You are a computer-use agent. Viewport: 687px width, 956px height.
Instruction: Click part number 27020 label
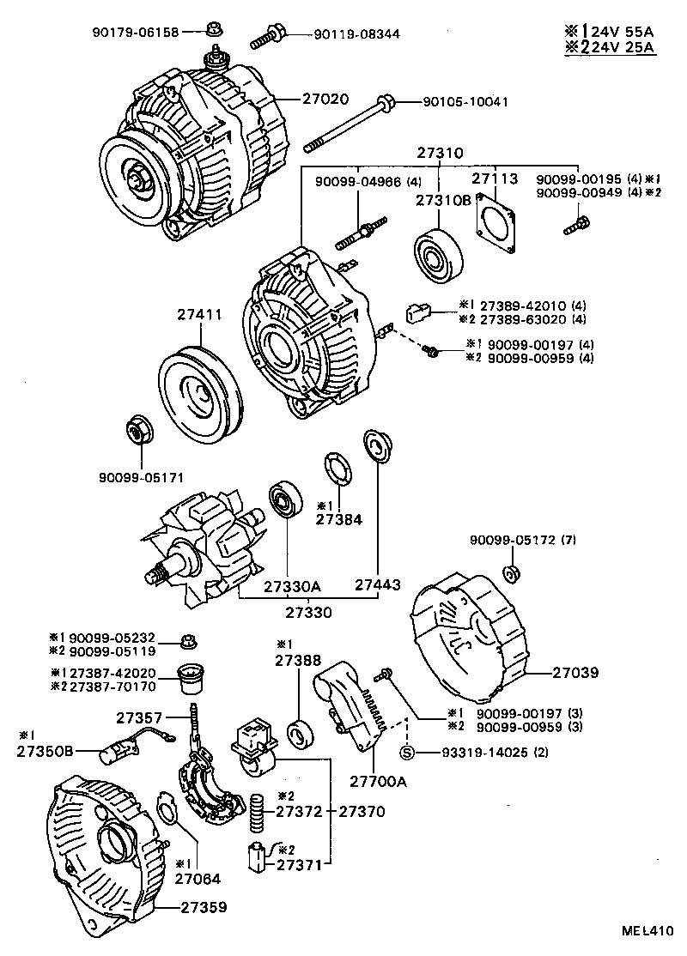(x=325, y=99)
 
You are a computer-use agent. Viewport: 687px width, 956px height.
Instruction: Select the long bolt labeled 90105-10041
(x=352, y=121)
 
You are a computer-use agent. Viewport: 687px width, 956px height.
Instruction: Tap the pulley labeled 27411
(x=198, y=393)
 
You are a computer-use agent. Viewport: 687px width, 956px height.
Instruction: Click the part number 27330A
(x=292, y=587)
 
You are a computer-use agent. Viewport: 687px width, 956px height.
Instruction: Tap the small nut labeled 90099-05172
(x=508, y=572)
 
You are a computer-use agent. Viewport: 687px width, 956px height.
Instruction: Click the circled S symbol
(x=408, y=753)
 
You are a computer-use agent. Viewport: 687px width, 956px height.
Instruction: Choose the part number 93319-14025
(x=473, y=753)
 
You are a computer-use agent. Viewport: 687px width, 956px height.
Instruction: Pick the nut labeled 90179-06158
(x=213, y=32)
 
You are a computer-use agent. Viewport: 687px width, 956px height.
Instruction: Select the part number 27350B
(x=45, y=753)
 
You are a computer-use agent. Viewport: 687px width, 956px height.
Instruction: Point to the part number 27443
(x=378, y=587)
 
